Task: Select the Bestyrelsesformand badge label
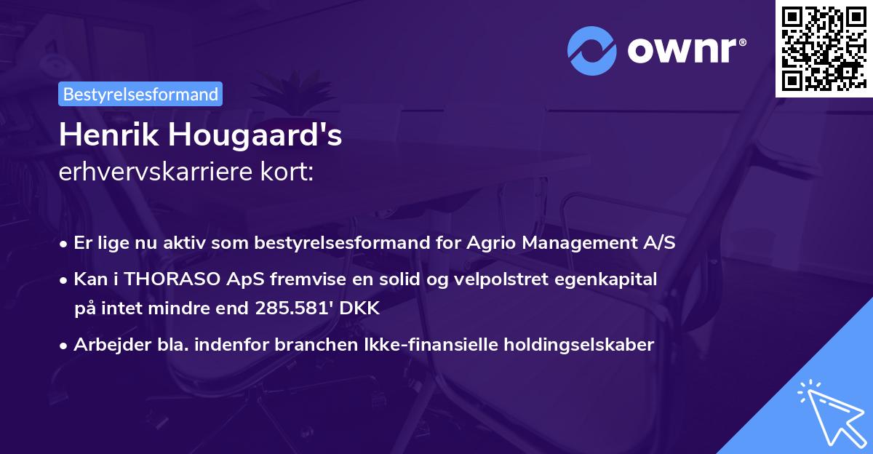click(x=141, y=94)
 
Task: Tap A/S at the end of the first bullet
click(x=658, y=243)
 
